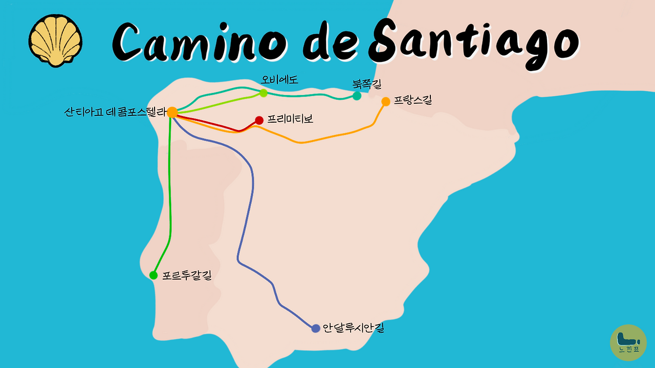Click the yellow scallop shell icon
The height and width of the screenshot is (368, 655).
click(56, 41)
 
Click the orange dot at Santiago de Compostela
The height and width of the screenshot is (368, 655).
click(172, 112)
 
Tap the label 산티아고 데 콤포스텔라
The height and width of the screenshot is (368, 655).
click(116, 112)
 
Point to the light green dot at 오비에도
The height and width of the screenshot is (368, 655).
click(263, 93)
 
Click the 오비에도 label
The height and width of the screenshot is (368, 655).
click(279, 80)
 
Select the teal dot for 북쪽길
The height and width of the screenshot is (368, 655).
click(357, 96)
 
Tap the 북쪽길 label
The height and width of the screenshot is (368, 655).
click(367, 83)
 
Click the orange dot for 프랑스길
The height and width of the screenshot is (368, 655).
click(386, 102)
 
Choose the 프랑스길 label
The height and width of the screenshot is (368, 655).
click(413, 101)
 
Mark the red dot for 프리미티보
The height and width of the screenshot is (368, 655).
click(259, 120)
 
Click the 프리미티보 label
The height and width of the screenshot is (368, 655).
click(290, 120)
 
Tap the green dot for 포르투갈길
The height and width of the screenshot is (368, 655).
click(153, 275)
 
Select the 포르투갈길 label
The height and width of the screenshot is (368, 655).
click(186, 275)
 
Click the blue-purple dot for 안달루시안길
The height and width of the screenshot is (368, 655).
click(316, 329)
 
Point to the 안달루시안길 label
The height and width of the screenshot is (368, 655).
click(354, 328)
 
